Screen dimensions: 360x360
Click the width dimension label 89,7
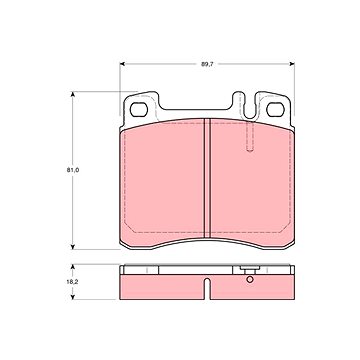(207, 64)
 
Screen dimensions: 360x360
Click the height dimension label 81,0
(72, 170)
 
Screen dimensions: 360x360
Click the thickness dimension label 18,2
(72, 282)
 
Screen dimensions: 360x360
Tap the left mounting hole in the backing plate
(139, 110)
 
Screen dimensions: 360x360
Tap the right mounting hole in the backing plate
(275, 110)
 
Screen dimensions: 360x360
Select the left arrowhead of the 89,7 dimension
(122, 64)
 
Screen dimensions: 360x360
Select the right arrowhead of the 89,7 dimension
(292, 64)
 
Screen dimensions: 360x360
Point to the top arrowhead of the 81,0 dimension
(72, 94)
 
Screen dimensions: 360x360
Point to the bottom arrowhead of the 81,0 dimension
(72, 247)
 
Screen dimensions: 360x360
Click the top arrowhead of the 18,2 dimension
(72, 267)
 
